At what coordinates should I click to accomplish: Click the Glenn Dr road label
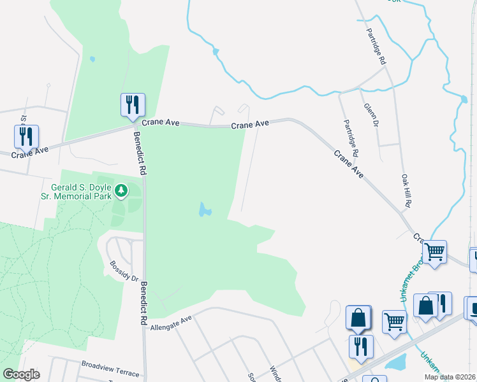point(371,115)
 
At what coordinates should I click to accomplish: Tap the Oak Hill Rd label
point(406,191)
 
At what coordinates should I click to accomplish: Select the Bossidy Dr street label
point(124,271)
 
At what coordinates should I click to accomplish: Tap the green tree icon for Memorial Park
point(121,190)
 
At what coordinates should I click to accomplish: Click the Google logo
point(21,374)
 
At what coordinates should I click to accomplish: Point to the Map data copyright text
point(450,377)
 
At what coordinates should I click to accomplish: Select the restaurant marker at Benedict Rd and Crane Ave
point(133,105)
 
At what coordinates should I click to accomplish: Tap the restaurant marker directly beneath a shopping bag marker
point(361,346)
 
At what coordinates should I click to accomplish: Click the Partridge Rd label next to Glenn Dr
point(351,138)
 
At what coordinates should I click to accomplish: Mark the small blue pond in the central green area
point(204,209)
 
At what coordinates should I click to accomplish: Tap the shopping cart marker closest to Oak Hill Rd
point(434,252)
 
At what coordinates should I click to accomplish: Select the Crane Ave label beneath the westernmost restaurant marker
point(30,153)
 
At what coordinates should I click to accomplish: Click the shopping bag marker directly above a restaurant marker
point(358,317)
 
